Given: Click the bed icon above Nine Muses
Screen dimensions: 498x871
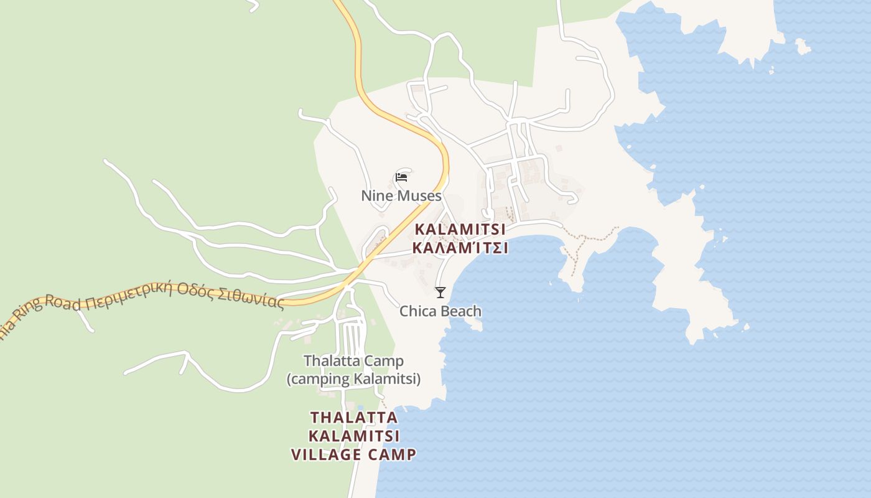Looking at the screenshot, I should click(x=401, y=177).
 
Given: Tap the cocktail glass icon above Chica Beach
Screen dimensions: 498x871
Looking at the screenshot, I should click(x=440, y=292).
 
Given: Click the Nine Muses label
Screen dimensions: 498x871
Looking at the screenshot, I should click(x=401, y=195).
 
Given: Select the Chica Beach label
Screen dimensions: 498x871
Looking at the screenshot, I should click(x=440, y=311).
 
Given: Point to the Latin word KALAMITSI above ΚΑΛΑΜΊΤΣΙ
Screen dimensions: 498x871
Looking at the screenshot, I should click(x=460, y=229).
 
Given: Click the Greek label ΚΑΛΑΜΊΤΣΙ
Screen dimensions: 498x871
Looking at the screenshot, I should click(x=460, y=248).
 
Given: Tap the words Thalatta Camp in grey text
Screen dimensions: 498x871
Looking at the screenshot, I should click(x=353, y=360).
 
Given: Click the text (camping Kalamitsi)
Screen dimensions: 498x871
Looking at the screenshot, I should click(x=353, y=378).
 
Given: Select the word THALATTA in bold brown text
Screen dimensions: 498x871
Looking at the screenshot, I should click(x=354, y=416).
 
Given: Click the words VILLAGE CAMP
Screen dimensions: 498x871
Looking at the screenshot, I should click(x=353, y=454).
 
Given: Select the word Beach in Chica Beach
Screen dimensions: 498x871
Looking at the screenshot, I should click(x=461, y=311).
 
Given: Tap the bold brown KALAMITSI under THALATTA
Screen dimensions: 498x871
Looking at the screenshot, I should click(x=354, y=435).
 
